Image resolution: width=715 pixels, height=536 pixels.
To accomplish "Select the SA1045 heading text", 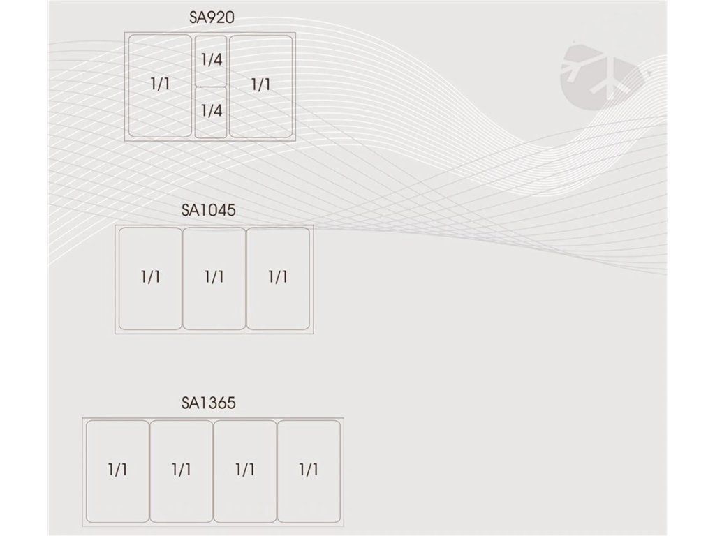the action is click(x=208, y=210).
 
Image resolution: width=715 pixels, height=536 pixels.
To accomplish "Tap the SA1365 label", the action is click(x=208, y=403).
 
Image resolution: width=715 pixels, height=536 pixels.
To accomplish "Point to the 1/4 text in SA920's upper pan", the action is click(x=211, y=59).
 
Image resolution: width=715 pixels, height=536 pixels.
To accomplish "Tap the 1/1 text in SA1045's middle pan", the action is click(x=214, y=277).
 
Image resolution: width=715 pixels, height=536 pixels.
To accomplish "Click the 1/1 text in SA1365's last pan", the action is click(x=309, y=469).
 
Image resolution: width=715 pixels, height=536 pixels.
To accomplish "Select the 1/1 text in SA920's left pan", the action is click(x=160, y=84).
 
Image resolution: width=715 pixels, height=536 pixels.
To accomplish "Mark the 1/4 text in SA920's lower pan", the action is click(x=211, y=110).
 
